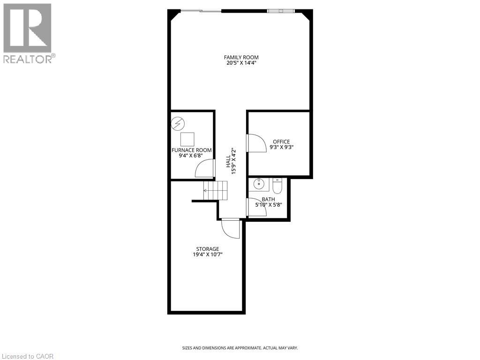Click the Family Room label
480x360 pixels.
pos(241,57)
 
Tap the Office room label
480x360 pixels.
pos(281,142)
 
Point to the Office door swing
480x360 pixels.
pos(256,142)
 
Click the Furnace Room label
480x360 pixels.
pos(191,150)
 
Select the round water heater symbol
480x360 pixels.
pos(178,124)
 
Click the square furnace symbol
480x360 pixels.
pos(187,139)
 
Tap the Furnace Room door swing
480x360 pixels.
pos(205,168)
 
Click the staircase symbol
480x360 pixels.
pos(215,190)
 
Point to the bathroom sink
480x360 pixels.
pos(258,184)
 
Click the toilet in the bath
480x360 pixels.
pos(277,186)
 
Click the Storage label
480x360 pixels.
pos(207,249)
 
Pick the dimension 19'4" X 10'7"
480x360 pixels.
pos(207,255)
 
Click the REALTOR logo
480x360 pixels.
pos(28,33)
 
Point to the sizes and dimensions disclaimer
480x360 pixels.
pos(240,348)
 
